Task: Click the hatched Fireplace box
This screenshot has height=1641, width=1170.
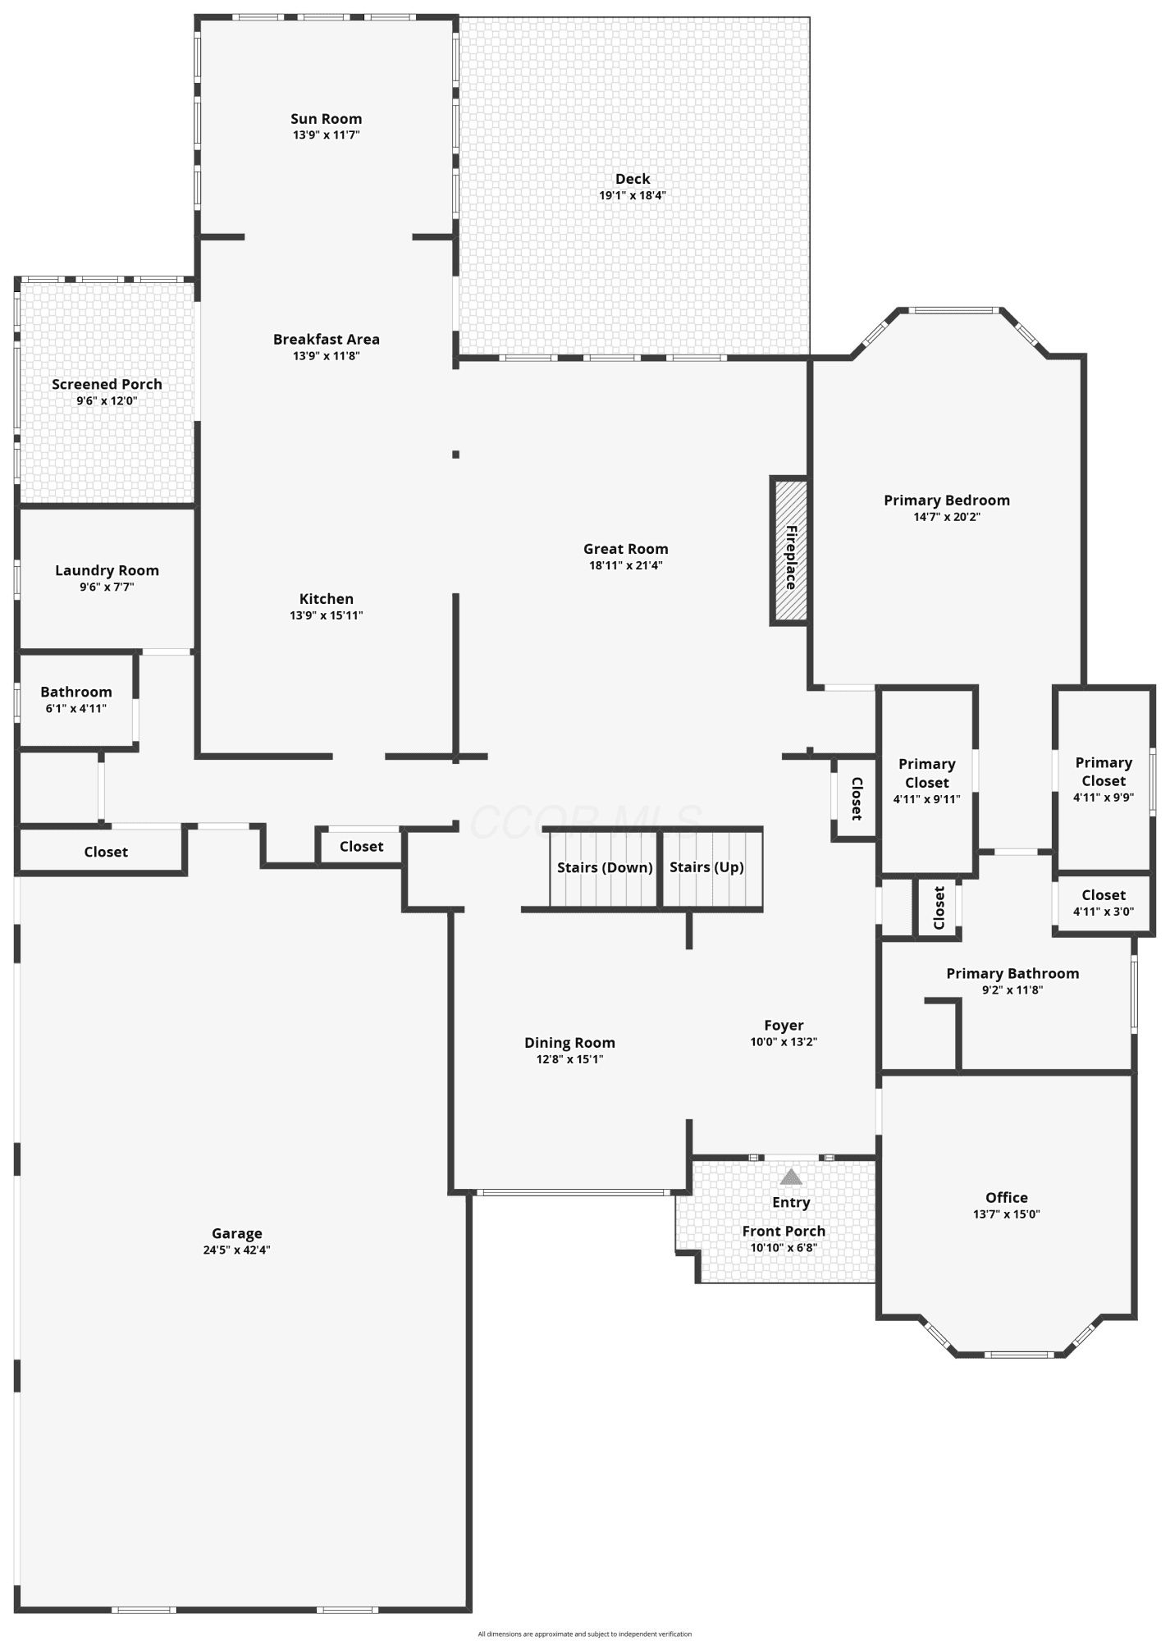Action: [789, 551]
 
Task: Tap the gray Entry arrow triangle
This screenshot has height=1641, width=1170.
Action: [791, 1177]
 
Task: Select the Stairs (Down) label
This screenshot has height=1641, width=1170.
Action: [605, 867]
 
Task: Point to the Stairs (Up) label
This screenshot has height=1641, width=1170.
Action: [706, 867]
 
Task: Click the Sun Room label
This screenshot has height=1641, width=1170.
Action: [327, 119]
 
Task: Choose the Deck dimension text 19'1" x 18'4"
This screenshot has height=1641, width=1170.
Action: [633, 195]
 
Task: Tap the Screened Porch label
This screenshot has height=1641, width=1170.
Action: [107, 384]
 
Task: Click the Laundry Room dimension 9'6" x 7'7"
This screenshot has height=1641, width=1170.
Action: [107, 587]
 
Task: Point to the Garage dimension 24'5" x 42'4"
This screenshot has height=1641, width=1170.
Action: [237, 1250]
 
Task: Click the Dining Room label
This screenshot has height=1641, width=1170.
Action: [570, 1043]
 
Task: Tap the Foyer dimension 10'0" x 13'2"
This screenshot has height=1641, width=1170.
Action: [784, 1041]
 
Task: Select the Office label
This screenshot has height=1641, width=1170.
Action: [1007, 1197]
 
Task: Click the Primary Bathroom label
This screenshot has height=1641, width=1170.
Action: [1012, 973]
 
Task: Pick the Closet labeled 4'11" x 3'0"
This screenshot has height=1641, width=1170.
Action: [1104, 903]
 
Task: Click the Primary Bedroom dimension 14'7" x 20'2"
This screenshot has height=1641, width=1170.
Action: [947, 517]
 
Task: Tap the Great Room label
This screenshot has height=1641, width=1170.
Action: [626, 549]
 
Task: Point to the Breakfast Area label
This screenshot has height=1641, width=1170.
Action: [327, 339]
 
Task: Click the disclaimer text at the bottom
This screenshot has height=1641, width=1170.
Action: [585, 1634]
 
